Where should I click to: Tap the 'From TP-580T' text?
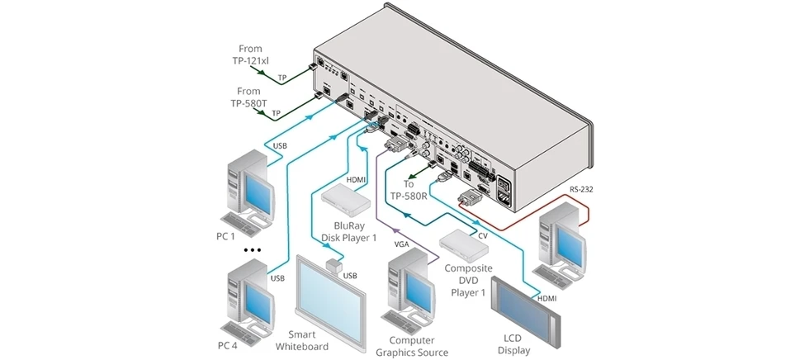[248, 97]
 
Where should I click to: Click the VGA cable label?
[402, 244]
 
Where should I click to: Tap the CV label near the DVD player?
[484, 235]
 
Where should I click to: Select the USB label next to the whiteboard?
[350, 275]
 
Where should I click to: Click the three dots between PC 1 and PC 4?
[251, 249]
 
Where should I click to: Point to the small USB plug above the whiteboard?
[334, 266]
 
